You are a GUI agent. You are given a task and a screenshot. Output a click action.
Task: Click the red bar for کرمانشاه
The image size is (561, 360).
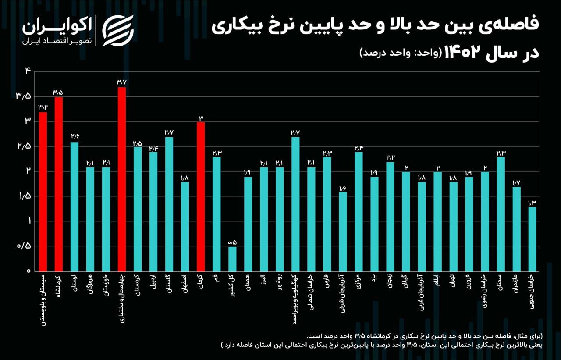tap(58, 184)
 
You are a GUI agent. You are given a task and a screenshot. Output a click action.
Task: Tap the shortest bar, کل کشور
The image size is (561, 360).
tap(232, 259)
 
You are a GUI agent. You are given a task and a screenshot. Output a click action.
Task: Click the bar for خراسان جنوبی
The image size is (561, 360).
tap(532, 239)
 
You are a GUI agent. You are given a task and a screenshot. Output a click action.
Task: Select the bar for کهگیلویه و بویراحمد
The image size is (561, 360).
tap(295, 204)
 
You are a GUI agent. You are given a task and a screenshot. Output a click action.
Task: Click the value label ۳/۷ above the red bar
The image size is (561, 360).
tap(122, 82)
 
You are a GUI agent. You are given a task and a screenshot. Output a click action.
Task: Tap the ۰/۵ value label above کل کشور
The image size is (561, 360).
tap(232, 242)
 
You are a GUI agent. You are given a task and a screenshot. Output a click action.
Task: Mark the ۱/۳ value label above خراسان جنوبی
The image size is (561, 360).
tap(532, 202)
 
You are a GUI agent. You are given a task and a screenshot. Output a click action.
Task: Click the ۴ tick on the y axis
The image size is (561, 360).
tap(27, 71)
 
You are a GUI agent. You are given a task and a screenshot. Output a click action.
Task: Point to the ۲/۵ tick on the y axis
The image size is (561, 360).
tap(24, 146)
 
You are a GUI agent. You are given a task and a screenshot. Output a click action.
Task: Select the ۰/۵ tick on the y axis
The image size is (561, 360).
tap(24, 246)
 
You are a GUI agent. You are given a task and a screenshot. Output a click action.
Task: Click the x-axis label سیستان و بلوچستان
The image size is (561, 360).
tap(43, 301)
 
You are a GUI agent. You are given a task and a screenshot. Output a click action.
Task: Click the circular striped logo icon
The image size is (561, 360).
tap(118, 30)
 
